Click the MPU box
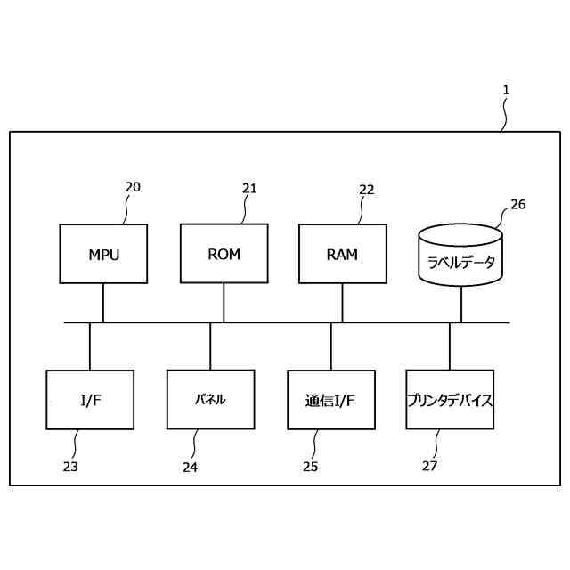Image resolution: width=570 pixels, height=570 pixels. pyautogui.click(x=103, y=254)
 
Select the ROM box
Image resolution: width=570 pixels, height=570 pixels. pyautogui.click(x=224, y=253)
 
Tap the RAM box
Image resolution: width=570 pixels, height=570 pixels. pyautogui.click(x=342, y=254)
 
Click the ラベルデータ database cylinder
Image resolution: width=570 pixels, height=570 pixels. pyautogui.click(x=460, y=258)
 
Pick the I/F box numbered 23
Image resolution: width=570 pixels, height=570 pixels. pyautogui.click(x=90, y=400)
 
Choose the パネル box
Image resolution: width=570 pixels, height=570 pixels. pyautogui.click(x=210, y=400)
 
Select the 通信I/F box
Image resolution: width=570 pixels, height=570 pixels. pyautogui.click(x=331, y=400)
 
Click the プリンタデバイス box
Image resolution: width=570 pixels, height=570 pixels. pyautogui.click(x=449, y=400)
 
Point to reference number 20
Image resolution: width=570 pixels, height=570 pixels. pyautogui.click(x=133, y=187)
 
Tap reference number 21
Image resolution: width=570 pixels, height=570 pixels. pyautogui.click(x=249, y=188)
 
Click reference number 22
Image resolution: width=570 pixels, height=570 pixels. pyautogui.click(x=367, y=189)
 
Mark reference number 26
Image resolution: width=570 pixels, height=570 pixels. pyautogui.click(x=517, y=204)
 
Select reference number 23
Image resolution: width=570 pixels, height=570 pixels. pyautogui.click(x=70, y=466)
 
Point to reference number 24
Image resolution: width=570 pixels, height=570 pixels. pyautogui.click(x=191, y=466)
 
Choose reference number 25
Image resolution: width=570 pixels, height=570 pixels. pyautogui.click(x=310, y=466)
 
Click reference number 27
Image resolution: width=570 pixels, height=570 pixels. pyautogui.click(x=430, y=465)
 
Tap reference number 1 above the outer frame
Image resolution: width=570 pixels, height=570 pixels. pyautogui.click(x=506, y=89)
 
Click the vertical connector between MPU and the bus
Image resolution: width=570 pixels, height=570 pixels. pyautogui.click(x=103, y=303)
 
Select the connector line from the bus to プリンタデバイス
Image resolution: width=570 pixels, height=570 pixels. pyautogui.click(x=449, y=346)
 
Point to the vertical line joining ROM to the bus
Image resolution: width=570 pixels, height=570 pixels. pyautogui.click(x=224, y=302)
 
